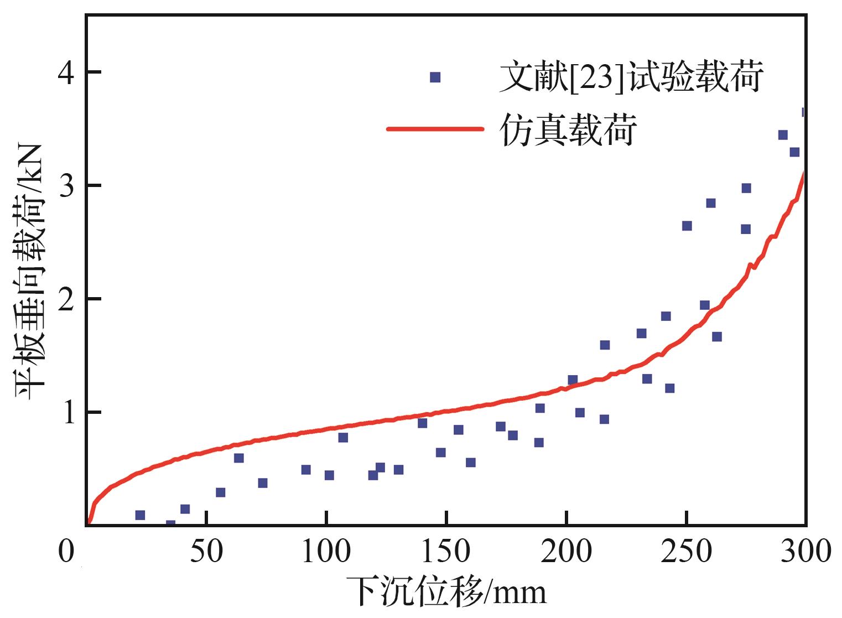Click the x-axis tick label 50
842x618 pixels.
point(206,552)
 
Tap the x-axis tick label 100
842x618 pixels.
point(326,552)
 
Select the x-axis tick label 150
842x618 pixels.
point(446,552)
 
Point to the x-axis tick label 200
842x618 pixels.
point(566,552)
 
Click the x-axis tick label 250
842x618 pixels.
point(687,552)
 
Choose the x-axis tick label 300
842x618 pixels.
point(806,552)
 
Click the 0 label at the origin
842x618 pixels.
point(66,552)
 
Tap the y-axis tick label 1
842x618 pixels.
point(68,412)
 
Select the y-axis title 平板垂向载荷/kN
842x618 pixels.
point(30,272)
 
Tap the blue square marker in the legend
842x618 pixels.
point(435,77)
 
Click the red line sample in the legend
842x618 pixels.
point(435,129)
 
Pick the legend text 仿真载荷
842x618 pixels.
point(568,129)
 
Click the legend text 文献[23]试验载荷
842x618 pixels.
point(632,77)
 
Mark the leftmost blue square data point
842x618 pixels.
point(140,515)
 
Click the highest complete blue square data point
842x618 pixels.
point(783,135)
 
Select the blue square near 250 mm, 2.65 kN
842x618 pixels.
point(687,226)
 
